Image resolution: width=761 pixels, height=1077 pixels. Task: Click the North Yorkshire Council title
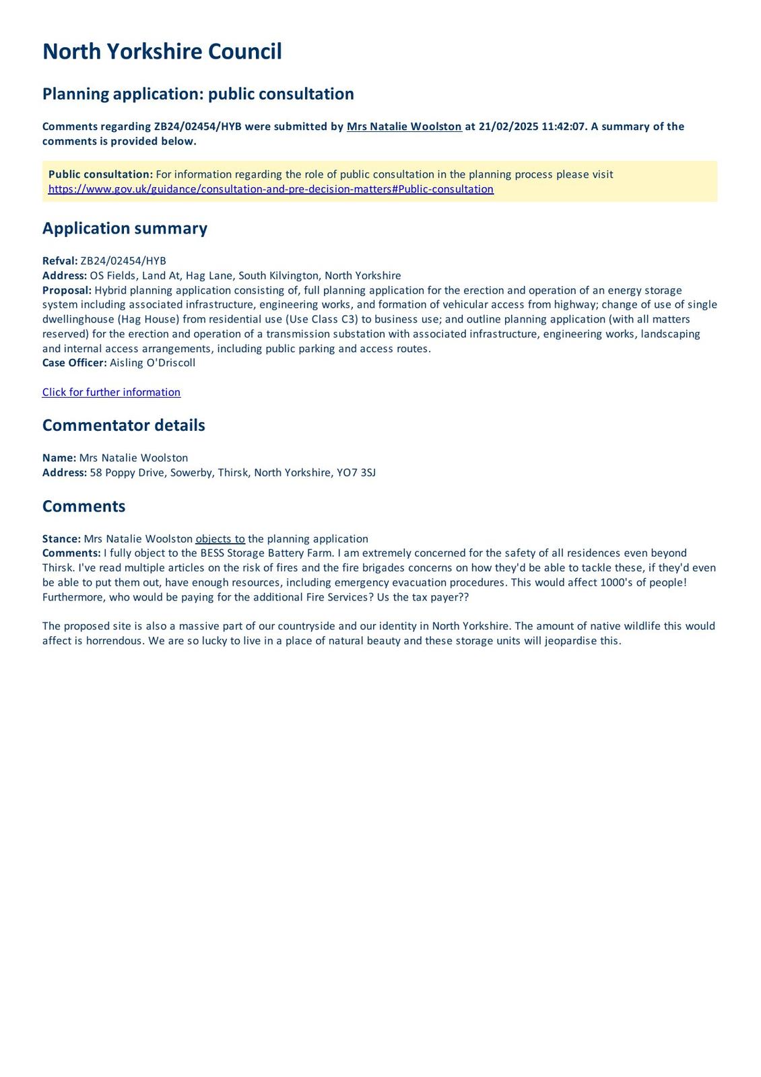coord(162,52)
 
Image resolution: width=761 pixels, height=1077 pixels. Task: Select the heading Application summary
coord(125,228)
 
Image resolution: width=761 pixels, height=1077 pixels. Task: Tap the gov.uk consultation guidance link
coord(271,189)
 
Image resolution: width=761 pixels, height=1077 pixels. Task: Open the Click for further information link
coord(111,392)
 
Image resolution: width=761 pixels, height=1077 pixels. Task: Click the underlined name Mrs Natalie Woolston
coord(404,127)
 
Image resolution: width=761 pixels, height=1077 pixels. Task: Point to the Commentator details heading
coord(123,425)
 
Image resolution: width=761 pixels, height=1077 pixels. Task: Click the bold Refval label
coord(60,261)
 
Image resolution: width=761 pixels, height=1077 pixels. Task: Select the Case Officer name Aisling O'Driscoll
coord(153,363)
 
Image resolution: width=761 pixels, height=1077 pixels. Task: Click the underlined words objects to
coord(220,539)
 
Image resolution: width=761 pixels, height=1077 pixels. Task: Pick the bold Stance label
coord(61,539)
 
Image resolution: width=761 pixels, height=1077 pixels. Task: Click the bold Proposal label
coord(67,290)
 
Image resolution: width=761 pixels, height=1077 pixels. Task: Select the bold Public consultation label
coord(100,174)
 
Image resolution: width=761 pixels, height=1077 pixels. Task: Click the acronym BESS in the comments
coord(212,553)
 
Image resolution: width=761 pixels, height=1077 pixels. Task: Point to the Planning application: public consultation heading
coord(198,94)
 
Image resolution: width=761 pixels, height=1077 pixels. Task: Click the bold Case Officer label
coord(74,363)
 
